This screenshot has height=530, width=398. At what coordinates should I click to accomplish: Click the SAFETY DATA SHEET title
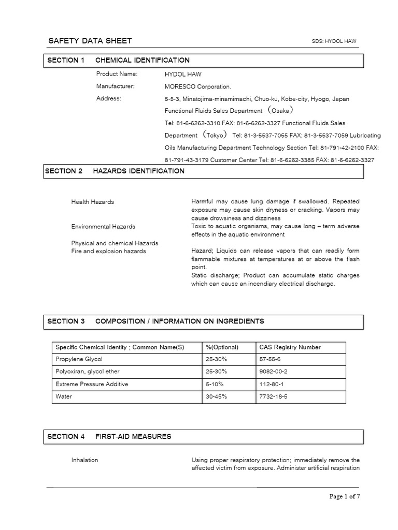pyautogui.click(x=90, y=41)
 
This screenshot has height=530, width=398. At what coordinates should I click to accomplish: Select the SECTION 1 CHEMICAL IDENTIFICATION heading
pyautogui.click(x=118, y=61)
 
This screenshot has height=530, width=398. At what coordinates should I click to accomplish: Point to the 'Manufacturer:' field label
pyautogui.click(x=115, y=86)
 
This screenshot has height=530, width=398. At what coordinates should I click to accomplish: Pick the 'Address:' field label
pyautogui.click(x=108, y=98)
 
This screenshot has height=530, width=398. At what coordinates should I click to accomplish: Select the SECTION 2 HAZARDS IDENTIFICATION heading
pyautogui.click(x=115, y=171)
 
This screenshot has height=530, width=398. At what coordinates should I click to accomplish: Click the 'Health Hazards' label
pyautogui.click(x=92, y=202)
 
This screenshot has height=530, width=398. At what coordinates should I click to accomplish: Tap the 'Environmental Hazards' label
pyautogui.click(x=103, y=227)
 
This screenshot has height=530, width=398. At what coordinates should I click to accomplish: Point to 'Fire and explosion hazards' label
pyautogui.click(x=108, y=252)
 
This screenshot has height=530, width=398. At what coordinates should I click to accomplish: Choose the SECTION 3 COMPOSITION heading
pyautogui.click(x=155, y=321)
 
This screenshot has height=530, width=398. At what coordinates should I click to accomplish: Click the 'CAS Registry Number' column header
pyautogui.click(x=290, y=347)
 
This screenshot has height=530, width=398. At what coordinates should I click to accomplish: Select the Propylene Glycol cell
pyautogui.click(x=79, y=360)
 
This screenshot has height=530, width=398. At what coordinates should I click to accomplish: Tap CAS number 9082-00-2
pyautogui.click(x=273, y=372)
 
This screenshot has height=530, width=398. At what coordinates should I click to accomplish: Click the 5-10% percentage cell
pyautogui.click(x=216, y=385)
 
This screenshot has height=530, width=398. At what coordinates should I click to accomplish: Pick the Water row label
pyautogui.click(x=64, y=397)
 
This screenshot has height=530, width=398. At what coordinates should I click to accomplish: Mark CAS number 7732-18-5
pyautogui.click(x=273, y=397)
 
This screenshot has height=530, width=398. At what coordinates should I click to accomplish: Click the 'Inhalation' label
pyautogui.click(x=84, y=460)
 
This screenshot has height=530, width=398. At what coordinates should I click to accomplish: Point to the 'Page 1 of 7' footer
pyautogui.click(x=345, y=497)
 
